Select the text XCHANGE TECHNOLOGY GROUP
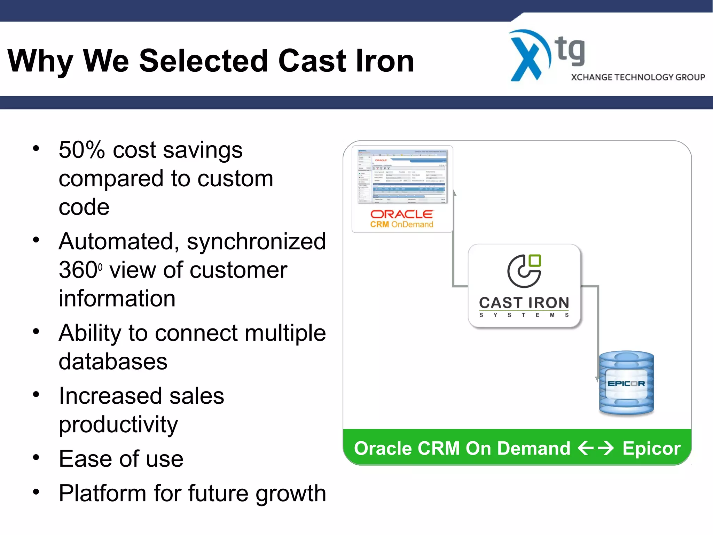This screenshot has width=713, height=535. tap(638, 77)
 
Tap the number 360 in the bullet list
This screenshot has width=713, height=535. tap(78, 270)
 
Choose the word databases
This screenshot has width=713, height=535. tap(113, 362)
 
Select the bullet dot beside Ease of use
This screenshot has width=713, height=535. tap(36, 457)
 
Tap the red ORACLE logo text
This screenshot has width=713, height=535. tap(401, 214)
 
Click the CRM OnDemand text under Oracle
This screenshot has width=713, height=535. tap(401, 225)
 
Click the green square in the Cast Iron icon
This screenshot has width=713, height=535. tap(535, 261)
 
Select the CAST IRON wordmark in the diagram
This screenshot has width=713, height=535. tap(524, 303)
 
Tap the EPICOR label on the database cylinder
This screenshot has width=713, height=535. tap(626, 383)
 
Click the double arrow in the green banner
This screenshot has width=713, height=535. tap(596, 448)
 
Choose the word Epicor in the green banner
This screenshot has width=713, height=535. tap(651, 448)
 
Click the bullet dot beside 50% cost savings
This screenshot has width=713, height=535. tap(36, 149)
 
